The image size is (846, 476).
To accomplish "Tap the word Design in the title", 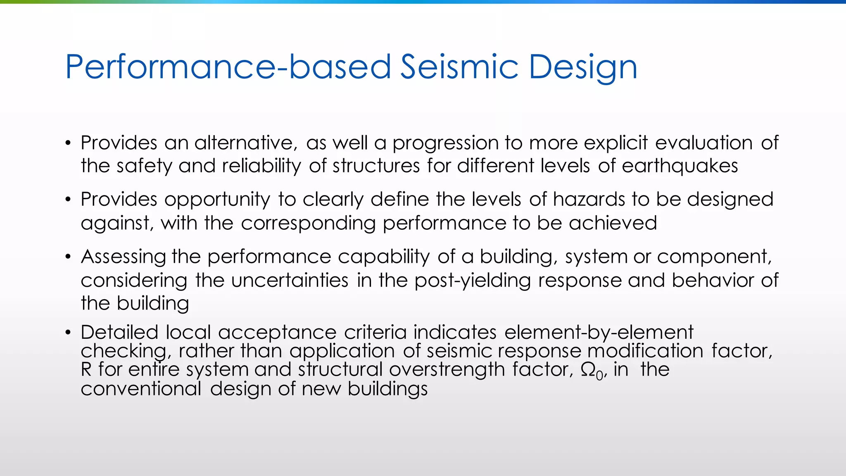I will click(x=583, y=67).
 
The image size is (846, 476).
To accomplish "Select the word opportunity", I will click(x=217, y=200).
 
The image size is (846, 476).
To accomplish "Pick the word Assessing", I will click(x=123, y=257).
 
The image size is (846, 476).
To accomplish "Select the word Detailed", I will click(x=119, y=332).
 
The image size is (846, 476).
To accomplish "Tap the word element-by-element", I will click(x=599, y=332).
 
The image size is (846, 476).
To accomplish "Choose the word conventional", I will click(x=141, y=389).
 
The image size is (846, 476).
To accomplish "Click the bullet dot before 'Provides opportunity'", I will click(x=69, y=200).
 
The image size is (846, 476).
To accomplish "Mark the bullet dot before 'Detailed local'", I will click(x=69, y=333).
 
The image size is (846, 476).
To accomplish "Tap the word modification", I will click(x=645, y=351).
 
